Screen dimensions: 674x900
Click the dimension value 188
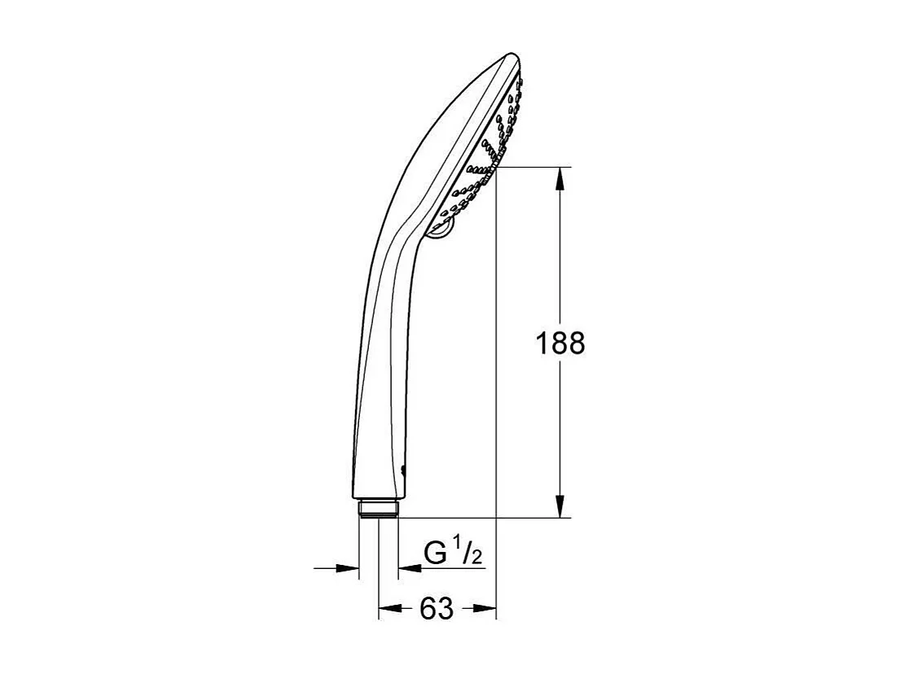coord(560,344)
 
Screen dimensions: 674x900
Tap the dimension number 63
coord(437,608)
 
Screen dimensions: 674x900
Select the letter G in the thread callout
coord(436,554)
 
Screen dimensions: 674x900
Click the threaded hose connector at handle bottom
coord(378,509)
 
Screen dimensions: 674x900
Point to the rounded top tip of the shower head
coord(511,58)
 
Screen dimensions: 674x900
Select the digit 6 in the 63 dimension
coord(428,608)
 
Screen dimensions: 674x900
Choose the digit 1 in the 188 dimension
coord(542,344)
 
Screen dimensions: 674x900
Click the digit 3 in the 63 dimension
coord(446,608)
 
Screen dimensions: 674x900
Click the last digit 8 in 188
coord(576,344)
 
